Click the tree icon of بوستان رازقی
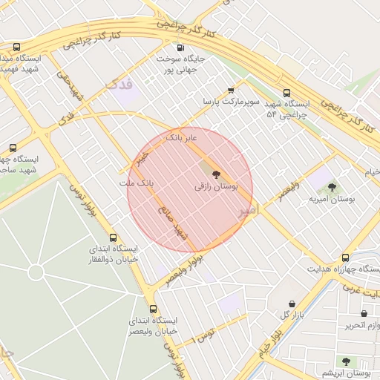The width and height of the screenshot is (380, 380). (x=216, y=175)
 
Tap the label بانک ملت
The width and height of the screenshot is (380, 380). (x=137, y=182)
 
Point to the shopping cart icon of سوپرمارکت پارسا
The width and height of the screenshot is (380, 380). (x=231, y=90)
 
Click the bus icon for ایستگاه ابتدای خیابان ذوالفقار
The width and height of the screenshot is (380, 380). (x=113, y=237)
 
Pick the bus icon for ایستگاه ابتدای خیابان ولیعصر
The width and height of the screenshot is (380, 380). (x=154, y=309)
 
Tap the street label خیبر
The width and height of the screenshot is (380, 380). (x=141, y=157)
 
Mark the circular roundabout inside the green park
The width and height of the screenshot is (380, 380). (x=36, y=272)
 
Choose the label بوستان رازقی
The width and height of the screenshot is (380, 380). (x=216, y=188)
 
